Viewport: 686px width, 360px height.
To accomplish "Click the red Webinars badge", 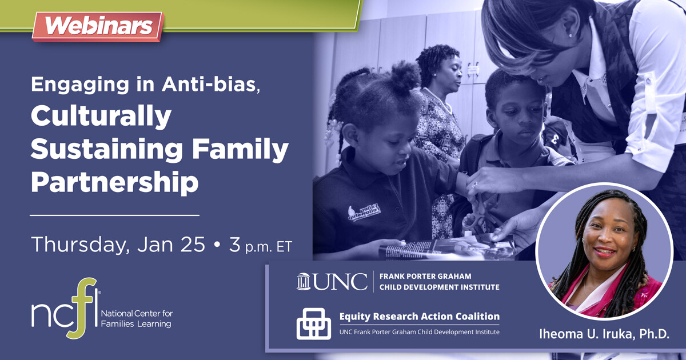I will (x=98, y=26).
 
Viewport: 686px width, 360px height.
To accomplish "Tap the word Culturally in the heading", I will (x=101, y=116).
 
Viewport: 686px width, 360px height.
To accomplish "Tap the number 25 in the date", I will (x=192, y=244).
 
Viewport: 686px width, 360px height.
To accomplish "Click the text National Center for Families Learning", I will (x=137, y=319).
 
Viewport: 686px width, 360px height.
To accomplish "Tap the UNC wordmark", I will (x=340, y=282).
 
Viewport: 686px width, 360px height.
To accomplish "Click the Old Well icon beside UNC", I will (x=303, y=282).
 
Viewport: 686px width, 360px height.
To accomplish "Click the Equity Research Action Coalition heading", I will (x=419, y=316).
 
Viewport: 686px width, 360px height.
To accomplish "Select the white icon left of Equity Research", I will (x=313, y=323).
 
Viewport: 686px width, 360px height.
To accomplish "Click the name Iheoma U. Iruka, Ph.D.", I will (x=604, y=334).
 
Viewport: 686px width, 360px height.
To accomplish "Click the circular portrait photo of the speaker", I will (x=605, y=251).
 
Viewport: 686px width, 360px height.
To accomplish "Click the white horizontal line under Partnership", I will (x=114, y=215).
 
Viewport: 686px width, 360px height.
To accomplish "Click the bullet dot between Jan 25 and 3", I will (x=217, y=245).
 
